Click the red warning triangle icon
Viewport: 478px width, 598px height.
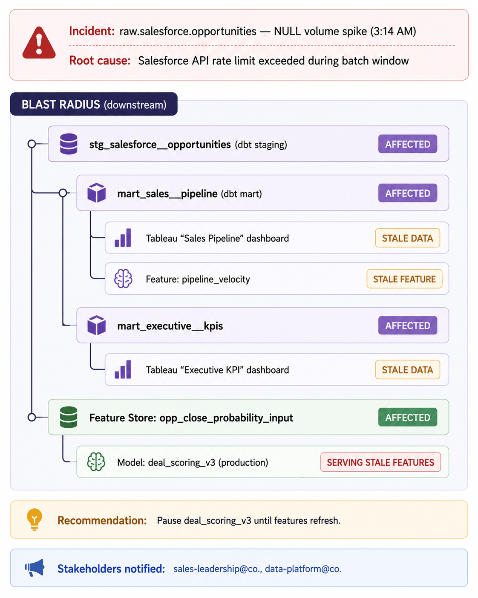39,43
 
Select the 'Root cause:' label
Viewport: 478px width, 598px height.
100,61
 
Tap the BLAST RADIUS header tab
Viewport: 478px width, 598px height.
94,104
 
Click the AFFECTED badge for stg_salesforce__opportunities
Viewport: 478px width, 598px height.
408,144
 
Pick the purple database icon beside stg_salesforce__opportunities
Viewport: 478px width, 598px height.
69,144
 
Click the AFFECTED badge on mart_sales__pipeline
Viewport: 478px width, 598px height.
408,193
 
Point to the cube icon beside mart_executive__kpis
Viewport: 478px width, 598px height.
96,325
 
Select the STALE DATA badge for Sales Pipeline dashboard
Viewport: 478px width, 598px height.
408,238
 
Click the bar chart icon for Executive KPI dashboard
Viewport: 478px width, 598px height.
123,369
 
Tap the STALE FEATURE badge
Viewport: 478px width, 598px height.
404,279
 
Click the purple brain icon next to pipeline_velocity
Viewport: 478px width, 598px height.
123,279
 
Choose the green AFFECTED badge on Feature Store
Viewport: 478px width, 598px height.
408,417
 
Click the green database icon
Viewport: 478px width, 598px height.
69,417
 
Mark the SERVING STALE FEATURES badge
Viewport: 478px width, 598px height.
380,462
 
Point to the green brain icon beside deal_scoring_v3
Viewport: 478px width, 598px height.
96,462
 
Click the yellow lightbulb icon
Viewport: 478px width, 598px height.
35,520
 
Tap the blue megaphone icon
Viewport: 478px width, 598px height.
35,567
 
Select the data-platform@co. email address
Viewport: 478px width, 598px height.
303,569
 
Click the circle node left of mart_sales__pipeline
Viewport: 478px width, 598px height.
63,192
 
